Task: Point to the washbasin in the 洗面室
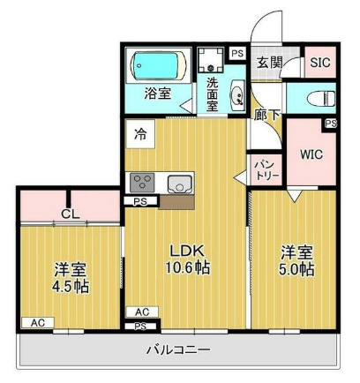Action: (236, 96)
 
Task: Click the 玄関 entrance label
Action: (269, 63)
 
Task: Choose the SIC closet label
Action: (319, 63)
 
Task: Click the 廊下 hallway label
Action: (263, 116)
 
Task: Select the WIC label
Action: (311, 154)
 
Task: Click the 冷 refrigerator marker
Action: (141, 134)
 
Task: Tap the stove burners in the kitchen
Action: (141, 183)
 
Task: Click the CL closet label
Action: (71, 213)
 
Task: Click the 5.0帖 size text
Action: (296, 270)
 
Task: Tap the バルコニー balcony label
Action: (177, 351)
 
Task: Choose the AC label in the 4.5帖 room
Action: (37, 323)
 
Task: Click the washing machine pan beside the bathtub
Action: (211, 61)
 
